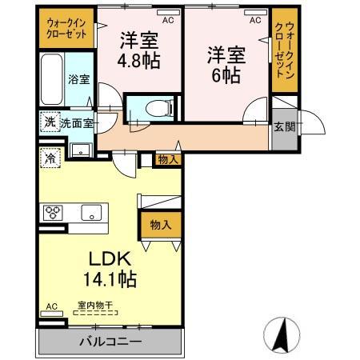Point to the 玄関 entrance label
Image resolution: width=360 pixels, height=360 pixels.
(x=284, y=126)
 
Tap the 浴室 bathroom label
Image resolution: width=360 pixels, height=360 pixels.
(x=78, y=79)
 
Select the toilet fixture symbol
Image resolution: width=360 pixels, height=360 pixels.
(x=156, y=106)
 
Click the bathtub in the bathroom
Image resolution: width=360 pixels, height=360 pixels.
(x=51, y=80)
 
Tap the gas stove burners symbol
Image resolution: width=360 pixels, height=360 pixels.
(x=54, y=212)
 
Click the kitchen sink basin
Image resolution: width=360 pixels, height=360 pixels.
(x=90, y=213)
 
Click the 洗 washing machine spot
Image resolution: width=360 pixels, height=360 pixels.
(x=49, y=123)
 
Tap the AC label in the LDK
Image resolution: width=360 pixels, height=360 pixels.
(x=50, y=306)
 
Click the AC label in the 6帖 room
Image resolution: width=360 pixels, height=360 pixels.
(x=255, y=21)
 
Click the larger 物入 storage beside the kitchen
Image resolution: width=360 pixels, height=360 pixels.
(x=161, y=225)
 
